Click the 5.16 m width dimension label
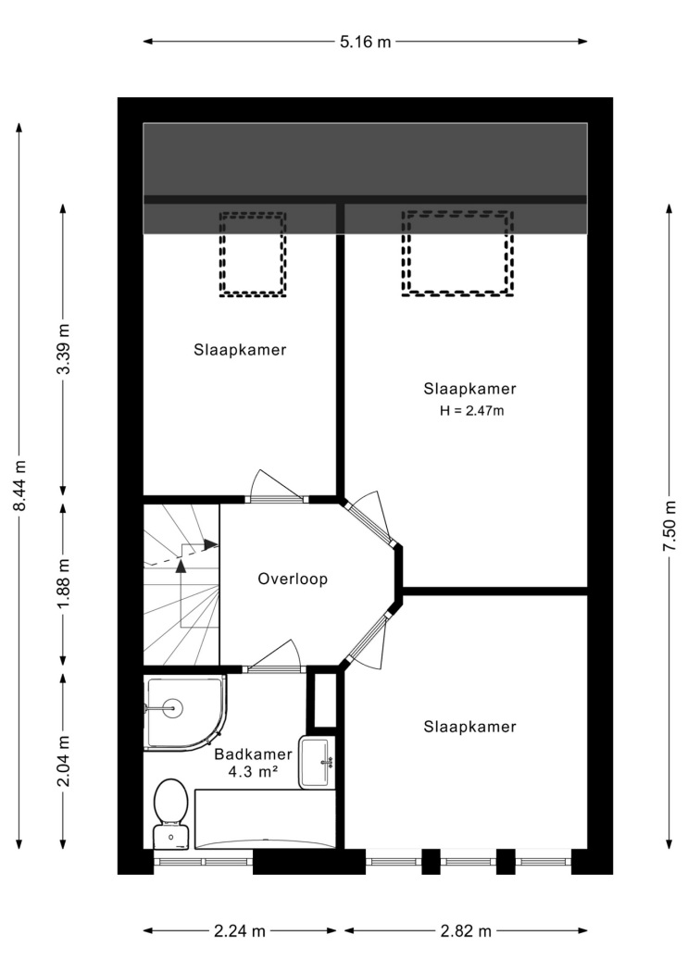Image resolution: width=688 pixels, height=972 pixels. coord(366,43)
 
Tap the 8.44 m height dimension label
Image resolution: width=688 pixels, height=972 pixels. coord(19,485)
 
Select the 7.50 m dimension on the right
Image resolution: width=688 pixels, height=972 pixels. coord(669,526)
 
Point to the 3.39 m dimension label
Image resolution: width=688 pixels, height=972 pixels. coord(63,349)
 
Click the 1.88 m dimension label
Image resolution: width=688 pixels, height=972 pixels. coord(63,582)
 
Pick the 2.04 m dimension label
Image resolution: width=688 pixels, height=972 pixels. coord(63,761)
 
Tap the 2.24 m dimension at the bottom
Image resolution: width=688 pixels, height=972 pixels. coord(240,930)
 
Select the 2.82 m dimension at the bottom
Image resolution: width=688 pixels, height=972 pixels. coord(466,930)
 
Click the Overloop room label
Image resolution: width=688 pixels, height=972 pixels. coord(293,579)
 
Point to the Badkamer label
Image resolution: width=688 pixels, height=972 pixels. coord(253,754)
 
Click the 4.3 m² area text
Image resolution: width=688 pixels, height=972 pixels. coord(253,773)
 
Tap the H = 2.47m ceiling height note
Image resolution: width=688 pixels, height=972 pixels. coord(471,410)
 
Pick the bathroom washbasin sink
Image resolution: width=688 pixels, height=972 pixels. coord(317,762)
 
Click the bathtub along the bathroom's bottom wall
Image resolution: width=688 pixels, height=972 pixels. coord(265,818)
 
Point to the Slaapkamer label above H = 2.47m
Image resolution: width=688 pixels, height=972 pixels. coord(469,389)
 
